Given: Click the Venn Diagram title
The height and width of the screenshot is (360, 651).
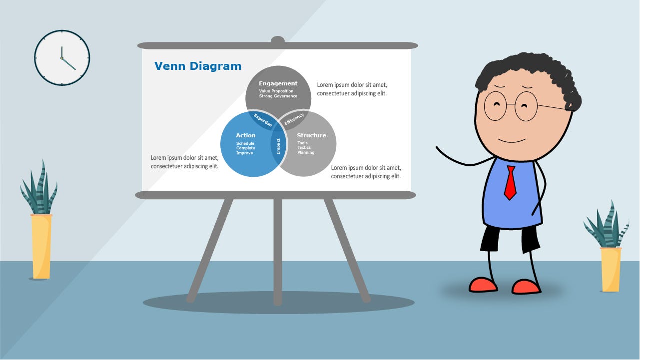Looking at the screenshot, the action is [198, 66].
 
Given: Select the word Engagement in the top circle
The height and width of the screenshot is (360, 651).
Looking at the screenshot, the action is [278, 83].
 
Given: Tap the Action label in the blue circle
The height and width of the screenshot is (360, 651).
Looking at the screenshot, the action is [246, 135].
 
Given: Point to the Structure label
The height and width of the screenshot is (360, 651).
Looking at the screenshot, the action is [311, 135].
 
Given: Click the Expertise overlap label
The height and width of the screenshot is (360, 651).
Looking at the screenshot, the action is [263, 120].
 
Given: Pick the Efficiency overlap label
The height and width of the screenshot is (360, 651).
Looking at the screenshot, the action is [294, 119].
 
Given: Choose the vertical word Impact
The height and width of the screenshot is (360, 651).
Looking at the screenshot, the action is [278, 146].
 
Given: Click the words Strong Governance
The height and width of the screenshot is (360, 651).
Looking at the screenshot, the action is [278, 96].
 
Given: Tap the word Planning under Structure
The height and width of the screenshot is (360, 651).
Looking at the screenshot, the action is [306, 153].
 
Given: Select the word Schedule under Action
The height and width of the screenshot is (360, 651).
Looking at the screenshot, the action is [245, 143].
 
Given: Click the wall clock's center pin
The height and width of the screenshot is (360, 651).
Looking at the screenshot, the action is [62, 58].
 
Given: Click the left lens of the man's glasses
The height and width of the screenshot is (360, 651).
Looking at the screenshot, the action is [496, 106].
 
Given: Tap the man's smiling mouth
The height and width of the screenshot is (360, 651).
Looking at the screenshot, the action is [512, 141].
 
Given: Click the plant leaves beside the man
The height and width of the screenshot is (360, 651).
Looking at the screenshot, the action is [607, 225].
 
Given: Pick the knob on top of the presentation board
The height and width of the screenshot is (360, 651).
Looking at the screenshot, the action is [278, 40].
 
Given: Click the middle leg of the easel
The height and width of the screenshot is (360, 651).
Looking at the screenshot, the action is [278, 252].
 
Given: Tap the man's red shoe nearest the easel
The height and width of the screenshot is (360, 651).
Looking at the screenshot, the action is [483, 285].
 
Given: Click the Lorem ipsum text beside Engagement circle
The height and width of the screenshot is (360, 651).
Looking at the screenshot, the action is [352, 89].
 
